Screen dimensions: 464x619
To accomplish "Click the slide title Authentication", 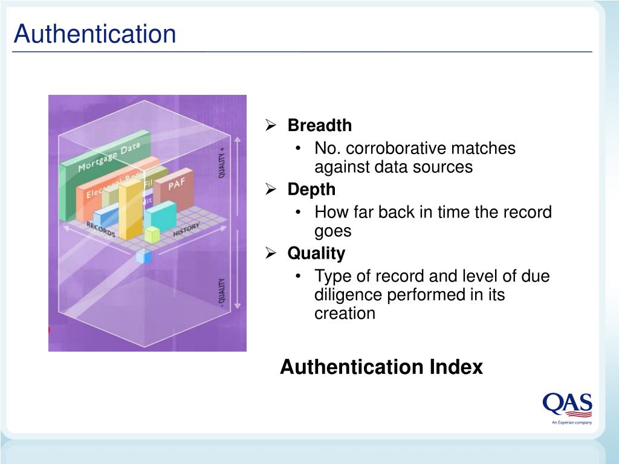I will tap(95, 34).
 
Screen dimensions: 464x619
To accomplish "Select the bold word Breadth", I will tap(319, 126).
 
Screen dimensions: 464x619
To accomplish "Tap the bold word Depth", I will tap(311, 190).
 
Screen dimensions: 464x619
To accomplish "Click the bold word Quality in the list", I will tap(316, 253).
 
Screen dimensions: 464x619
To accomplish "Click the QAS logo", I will tap(567, 406).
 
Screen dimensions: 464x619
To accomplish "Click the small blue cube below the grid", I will tap(144, 257).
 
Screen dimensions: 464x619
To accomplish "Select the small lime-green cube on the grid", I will tap(152, 234).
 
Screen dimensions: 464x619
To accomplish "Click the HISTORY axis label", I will tap(186, 230).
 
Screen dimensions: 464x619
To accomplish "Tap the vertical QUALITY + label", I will tap(222, 161).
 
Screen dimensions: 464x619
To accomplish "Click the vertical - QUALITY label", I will tap(222, 293).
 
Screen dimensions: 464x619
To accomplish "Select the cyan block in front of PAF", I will tap(160, 215).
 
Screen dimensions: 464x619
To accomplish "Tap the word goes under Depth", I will tap(332, 231).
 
